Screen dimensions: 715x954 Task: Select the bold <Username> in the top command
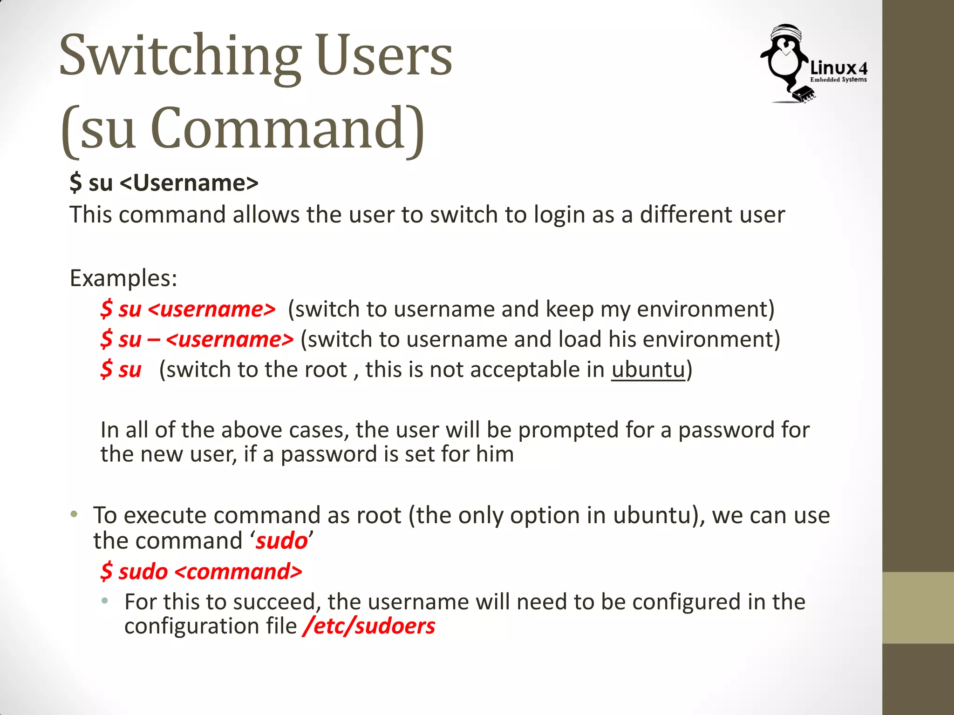189,182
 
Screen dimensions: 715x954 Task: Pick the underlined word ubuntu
648,370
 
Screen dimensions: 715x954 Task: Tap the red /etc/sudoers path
369,626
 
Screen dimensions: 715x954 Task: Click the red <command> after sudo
238,572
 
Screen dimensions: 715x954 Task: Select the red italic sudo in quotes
282,541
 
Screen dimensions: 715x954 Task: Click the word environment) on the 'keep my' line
705,309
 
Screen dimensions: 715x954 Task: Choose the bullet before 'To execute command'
74,515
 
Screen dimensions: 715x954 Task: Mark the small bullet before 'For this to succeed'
105,601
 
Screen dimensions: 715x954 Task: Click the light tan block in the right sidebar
918,607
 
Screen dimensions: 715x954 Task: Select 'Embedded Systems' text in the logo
838,80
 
